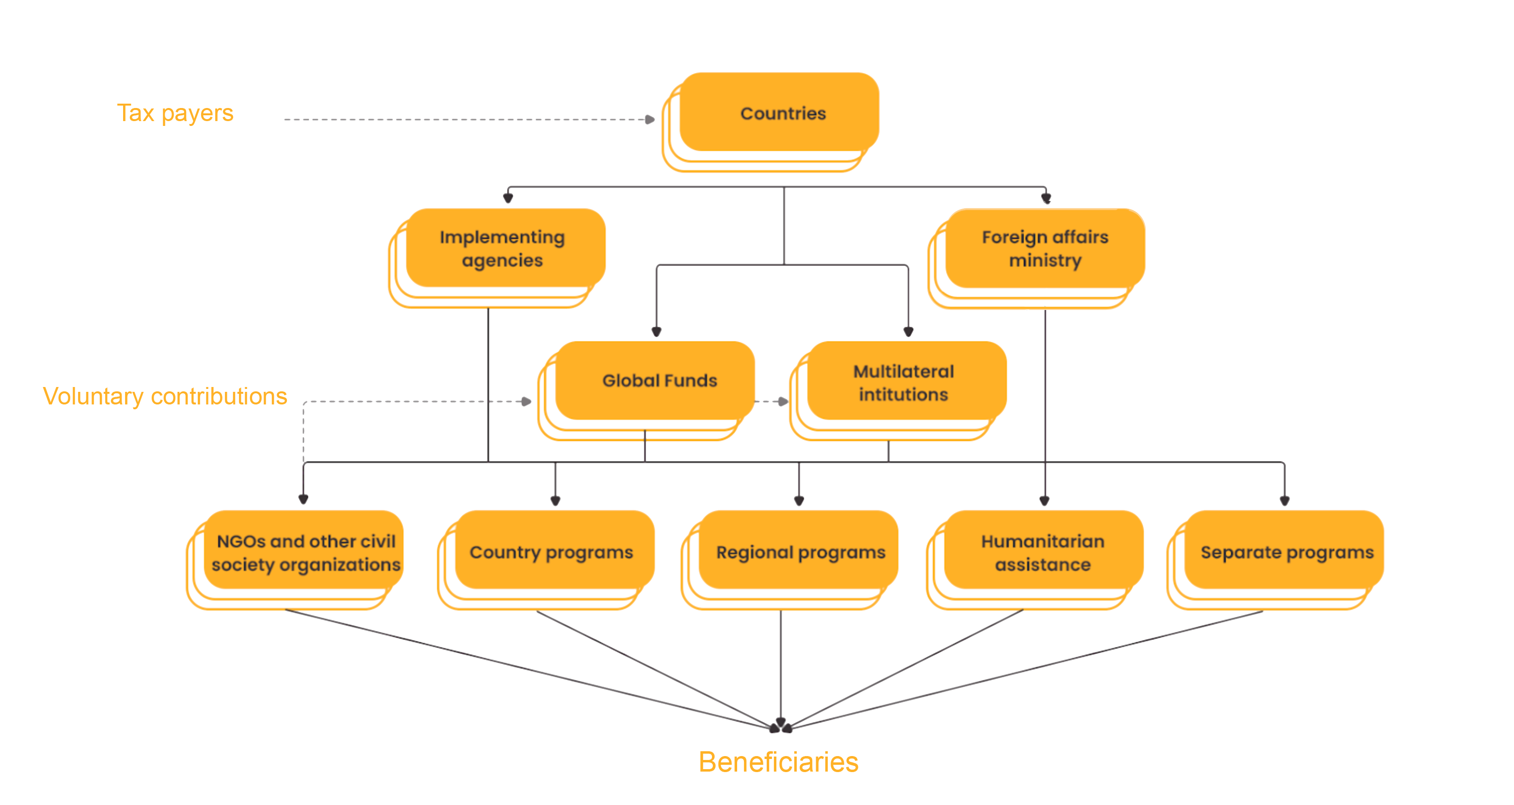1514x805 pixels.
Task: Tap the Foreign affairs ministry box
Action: coord(1044,248)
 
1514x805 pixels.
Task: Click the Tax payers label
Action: coord(175,113)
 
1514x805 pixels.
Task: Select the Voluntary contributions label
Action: coord(165,396)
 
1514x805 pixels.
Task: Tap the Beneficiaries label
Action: coord(778,762)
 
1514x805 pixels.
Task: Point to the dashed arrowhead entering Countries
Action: coord(649,119)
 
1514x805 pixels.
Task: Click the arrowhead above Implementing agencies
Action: coord(508,198)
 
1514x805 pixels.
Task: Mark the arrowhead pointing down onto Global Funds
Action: coord(657,331)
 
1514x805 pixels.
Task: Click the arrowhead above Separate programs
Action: coord(1284,501)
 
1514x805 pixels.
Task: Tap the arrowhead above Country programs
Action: coord(555,501)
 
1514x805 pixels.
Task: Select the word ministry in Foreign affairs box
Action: coord(1045,260)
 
